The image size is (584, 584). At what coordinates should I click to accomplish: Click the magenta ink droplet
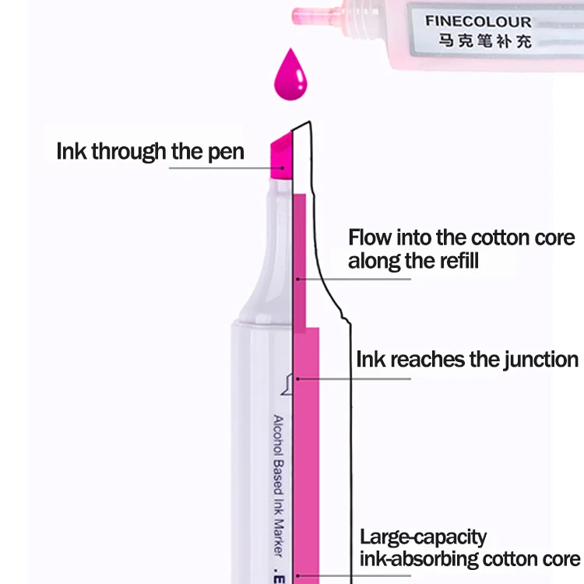point(290,76)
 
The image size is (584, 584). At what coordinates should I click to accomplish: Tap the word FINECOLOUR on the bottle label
point(478,22)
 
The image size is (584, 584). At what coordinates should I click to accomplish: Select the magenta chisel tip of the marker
point(281,157)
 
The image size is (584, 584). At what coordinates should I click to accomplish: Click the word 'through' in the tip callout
point(128,152)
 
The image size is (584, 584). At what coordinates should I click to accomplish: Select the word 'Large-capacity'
point(423,537)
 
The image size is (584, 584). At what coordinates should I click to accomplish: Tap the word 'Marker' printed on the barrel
point(279,537)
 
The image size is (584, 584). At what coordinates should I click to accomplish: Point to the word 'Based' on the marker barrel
point(279,477)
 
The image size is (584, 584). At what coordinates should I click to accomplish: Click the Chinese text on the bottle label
point(485,41)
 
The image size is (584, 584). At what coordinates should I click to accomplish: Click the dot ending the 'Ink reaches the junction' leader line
point(298,378)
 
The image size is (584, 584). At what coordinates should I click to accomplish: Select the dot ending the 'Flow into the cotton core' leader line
point(298,279)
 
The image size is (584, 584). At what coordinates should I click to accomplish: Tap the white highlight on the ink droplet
point(300,78)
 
